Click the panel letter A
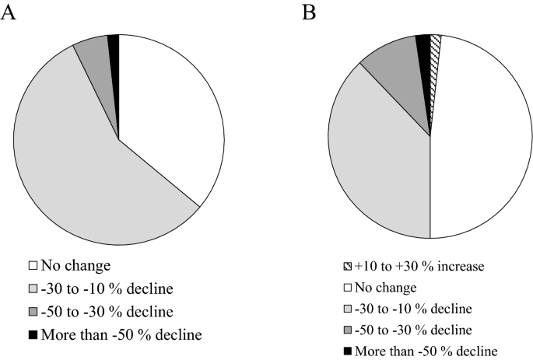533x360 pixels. coord(9,13)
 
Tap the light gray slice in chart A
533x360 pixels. coord(86,171)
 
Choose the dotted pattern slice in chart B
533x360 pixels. coord(435,45)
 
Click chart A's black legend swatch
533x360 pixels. coord(33,335)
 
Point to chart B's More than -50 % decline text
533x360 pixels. coord(426,350)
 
